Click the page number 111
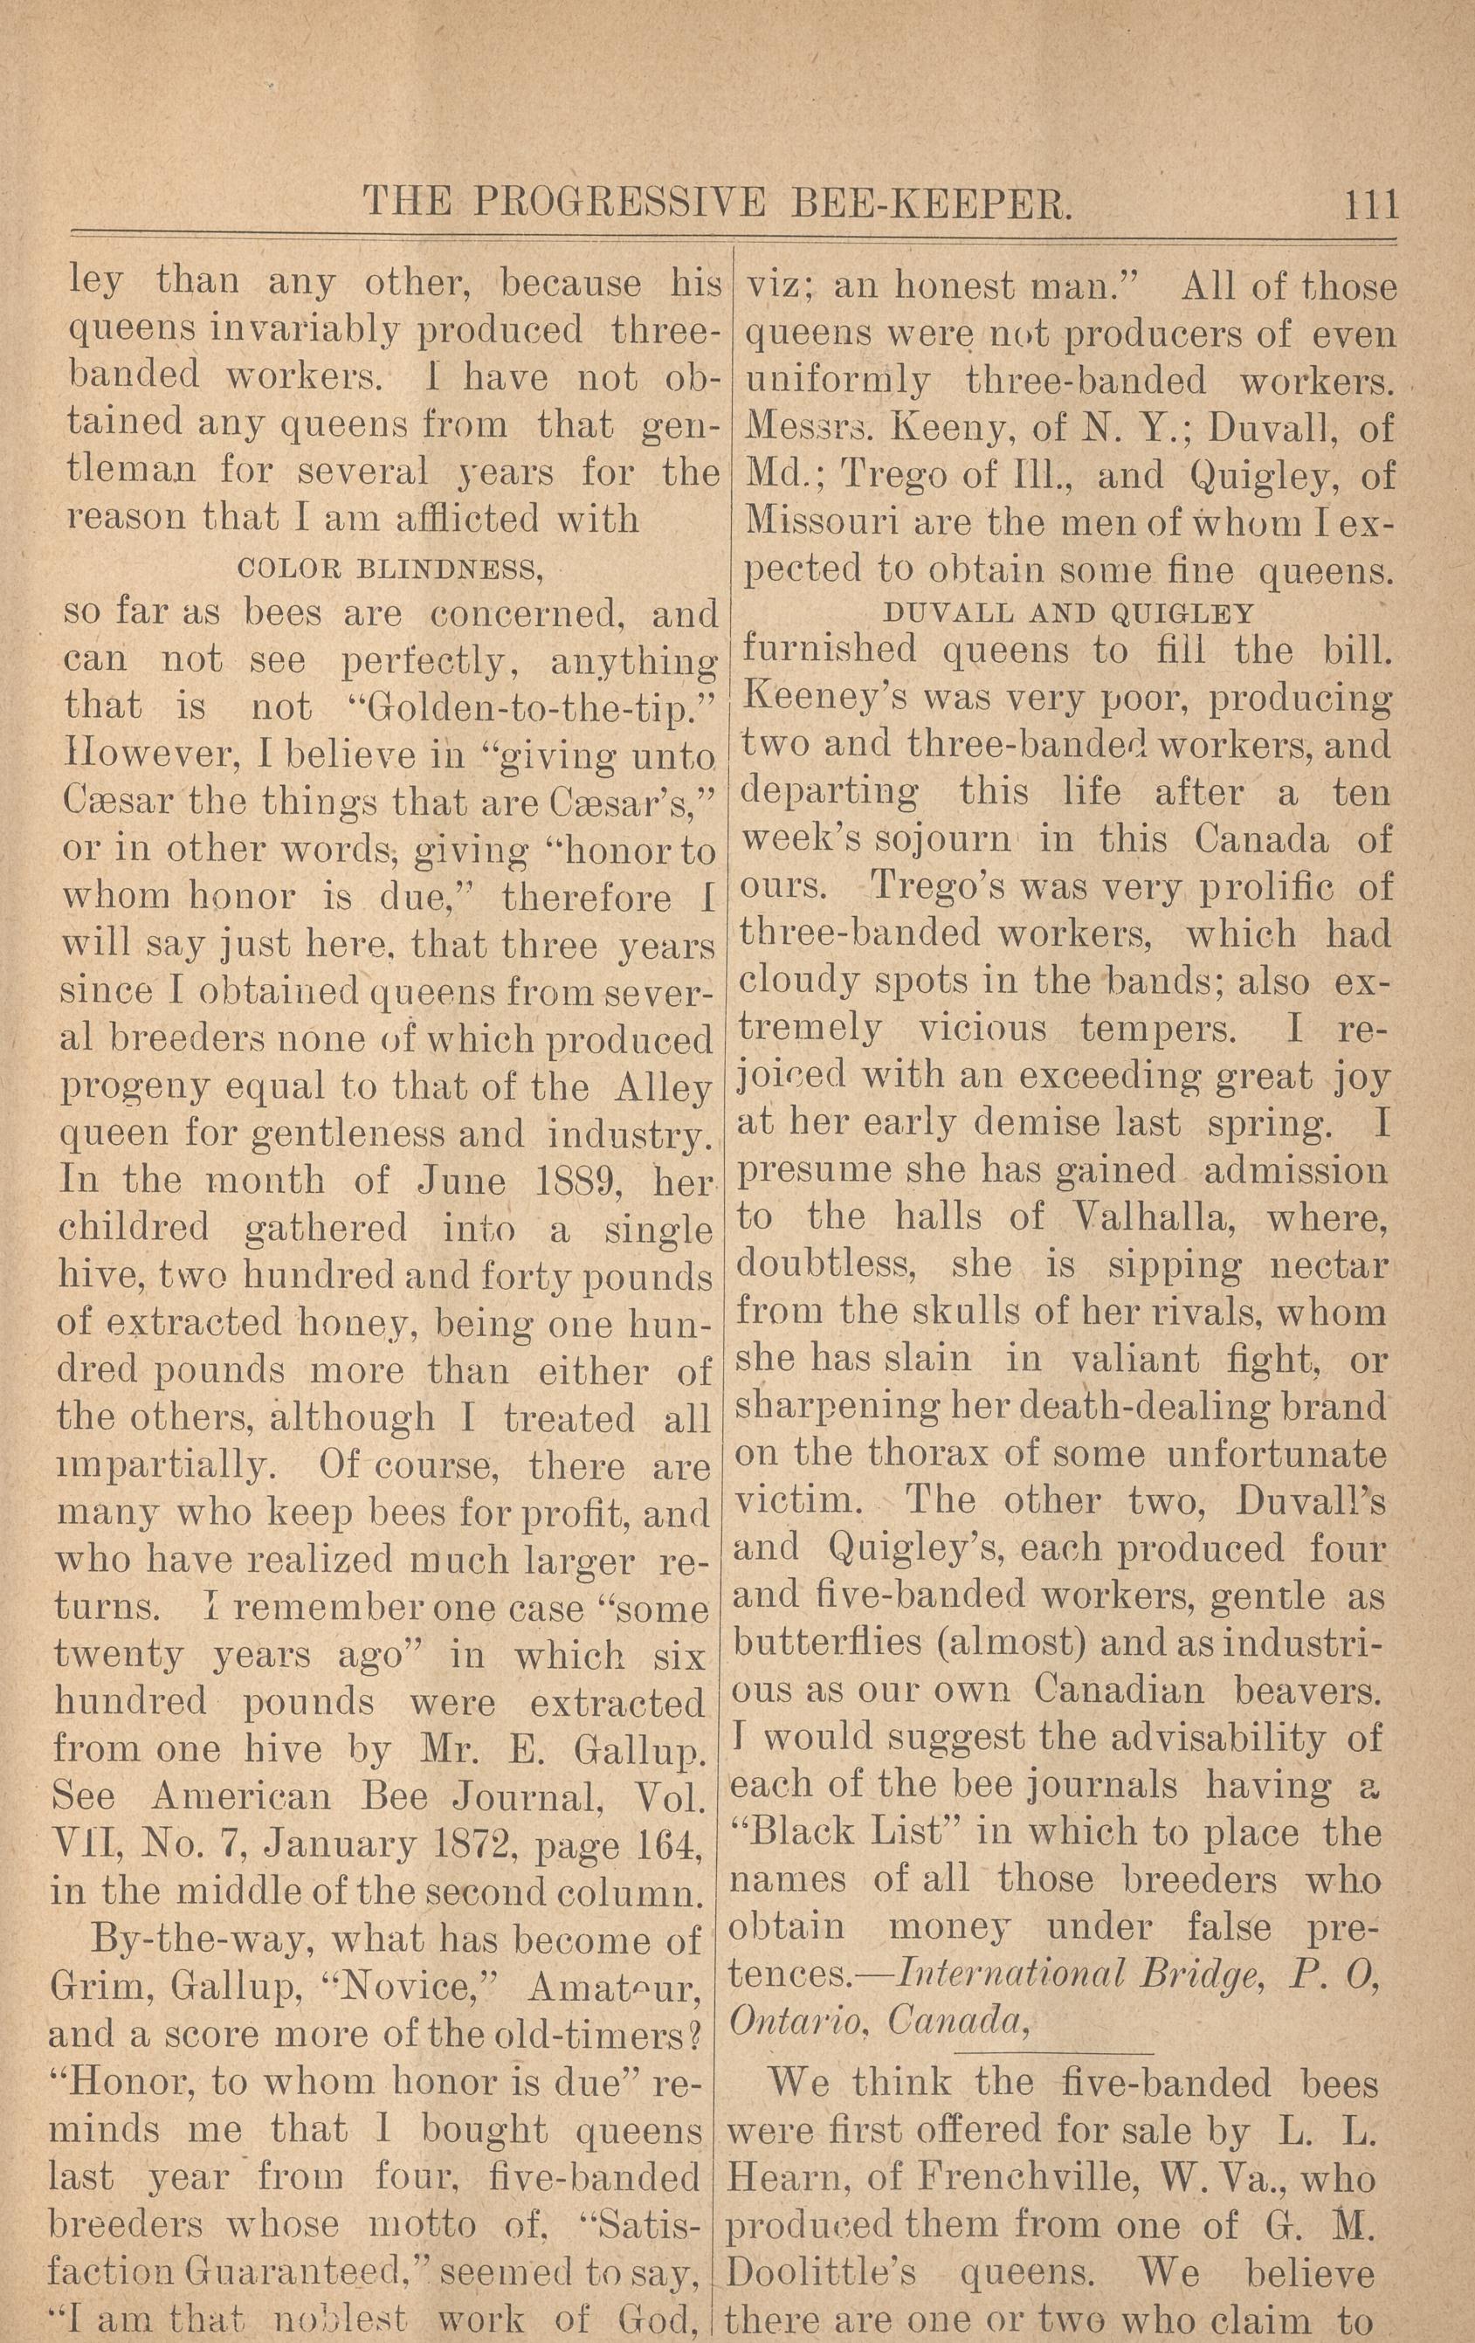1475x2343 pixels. (x=1370, y=205)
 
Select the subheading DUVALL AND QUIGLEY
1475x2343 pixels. (x=1068, y=613)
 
